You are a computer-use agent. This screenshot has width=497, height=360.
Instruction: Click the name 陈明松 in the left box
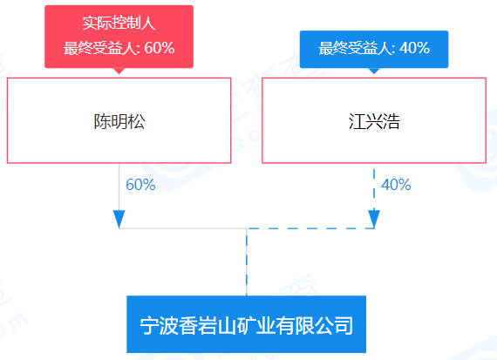pyautogui.click(x=119, y=121)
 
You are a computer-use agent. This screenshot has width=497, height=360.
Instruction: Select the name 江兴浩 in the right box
pyautogui.click(x=374, y=121)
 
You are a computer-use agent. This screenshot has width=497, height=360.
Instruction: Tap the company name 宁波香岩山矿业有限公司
pyautogui.click(x=246, y=325)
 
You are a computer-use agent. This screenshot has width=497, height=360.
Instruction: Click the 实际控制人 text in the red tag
pyautogui.click(x=119, y=24)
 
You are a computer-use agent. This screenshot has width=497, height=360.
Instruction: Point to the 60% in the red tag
pyautogui.click(x=160, y=48)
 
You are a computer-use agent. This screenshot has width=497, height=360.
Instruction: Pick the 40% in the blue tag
pyautogui.click(x=414, y=48)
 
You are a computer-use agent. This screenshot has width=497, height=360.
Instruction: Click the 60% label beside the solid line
pyautogui.click(x=140, y=185)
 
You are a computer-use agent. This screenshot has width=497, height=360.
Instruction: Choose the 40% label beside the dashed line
pyautogui.click(x=396, y=185)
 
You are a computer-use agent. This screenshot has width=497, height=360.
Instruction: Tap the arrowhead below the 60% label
pyautogui.click(x=119, y=219)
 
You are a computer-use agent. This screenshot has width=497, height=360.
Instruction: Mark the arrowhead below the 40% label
pyautogui.click(x=374, y=219)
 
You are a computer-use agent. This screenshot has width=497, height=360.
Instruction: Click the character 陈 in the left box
pyautogui.click(x=102, y=121)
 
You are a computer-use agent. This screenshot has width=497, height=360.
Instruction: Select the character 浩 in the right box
pyautogui.click(x=391, y=121)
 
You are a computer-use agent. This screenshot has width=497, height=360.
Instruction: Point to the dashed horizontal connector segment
pyautogui.click(x=310, y=228)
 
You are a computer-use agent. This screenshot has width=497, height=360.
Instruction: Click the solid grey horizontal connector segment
pyautogui.click(x=183, y=228)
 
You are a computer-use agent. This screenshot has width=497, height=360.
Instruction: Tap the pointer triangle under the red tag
pyautogui.click(x=119, y=71)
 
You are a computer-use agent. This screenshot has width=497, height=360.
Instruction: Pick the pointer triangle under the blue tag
pyautogui.click(x=374, y=71)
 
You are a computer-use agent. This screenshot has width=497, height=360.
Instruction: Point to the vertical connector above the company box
pyautogui.click(x=247, y=262)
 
